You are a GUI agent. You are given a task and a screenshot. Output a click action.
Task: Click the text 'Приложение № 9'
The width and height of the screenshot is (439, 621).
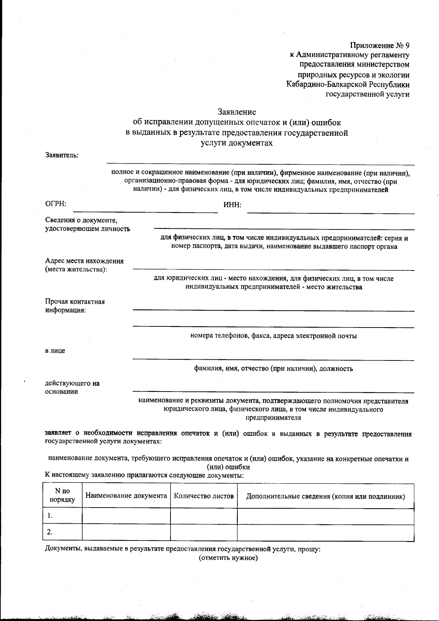pyautogui.click(x=380, y=46)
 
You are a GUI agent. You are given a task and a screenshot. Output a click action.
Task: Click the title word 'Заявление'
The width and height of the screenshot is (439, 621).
pyautogui.click(x=237, y=112)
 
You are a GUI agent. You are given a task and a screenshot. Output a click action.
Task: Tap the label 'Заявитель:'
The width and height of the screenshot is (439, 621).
pyautogui.click(x=62, y=155)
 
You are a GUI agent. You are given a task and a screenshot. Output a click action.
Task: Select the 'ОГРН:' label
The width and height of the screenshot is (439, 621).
pyautogui.click(x=56, y=204)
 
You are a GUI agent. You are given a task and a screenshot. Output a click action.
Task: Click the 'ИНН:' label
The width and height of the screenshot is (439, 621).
pyautogui.click(x=232, y=205)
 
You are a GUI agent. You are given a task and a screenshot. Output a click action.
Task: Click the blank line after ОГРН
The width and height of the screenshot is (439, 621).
pyautogui.click(x=145, y=210)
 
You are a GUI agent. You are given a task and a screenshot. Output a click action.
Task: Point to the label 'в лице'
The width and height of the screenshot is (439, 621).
pyautogui.click(x=55, y=351)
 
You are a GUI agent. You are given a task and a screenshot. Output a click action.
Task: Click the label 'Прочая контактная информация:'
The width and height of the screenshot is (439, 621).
pyautogui.click(x=75, y=306)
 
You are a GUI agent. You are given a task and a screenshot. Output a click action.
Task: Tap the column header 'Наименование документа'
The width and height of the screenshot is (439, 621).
pyautogui.click(x=126, y=495)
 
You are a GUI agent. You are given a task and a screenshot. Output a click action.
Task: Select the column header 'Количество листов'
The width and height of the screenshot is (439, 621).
pyautogui.click(x=204, y=496)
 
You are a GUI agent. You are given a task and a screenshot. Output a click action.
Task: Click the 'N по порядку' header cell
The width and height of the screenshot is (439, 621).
pyautogui.click(x=62, y=495)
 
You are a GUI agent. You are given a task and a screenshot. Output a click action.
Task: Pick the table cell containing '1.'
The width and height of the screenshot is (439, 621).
pyautogui.click(x=62, y=516)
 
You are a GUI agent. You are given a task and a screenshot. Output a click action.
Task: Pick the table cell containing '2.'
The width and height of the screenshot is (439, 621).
pyautogui.click(x=62, y=532)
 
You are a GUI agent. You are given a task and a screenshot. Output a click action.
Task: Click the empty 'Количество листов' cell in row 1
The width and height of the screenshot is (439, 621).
pyautogui.click(x=204, y=516)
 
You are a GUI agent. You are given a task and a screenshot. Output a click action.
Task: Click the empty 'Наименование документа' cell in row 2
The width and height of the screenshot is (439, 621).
pyautogui.click(x=126, y=532)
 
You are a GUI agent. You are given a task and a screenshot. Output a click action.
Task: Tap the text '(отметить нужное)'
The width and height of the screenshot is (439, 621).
pyautogui.click(x=228, y=558)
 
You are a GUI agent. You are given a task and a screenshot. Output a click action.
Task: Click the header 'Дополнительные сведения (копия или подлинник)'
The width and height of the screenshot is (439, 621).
pyautogui.click(x=325, y=496)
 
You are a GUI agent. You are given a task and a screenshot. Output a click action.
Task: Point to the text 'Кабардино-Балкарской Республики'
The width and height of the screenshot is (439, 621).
pyautogui.click(x=348, y=85)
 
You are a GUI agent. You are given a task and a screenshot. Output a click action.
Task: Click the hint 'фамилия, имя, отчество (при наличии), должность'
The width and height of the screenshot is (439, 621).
pyautogui.click(x=273, y=369)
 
